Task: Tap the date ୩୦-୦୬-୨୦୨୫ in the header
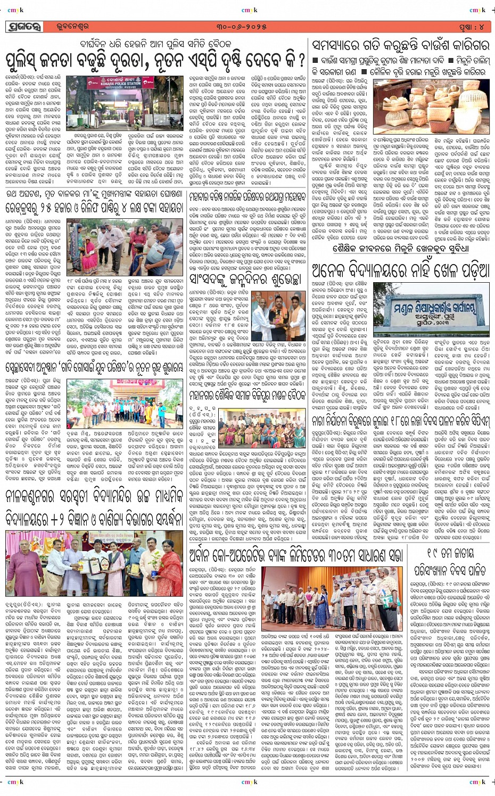click(x=248, y=27)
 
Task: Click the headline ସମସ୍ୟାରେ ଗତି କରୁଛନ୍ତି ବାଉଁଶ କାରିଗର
click(x=400, y=45)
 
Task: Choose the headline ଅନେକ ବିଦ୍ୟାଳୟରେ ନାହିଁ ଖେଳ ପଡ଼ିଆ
click(x=400, y=271)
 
